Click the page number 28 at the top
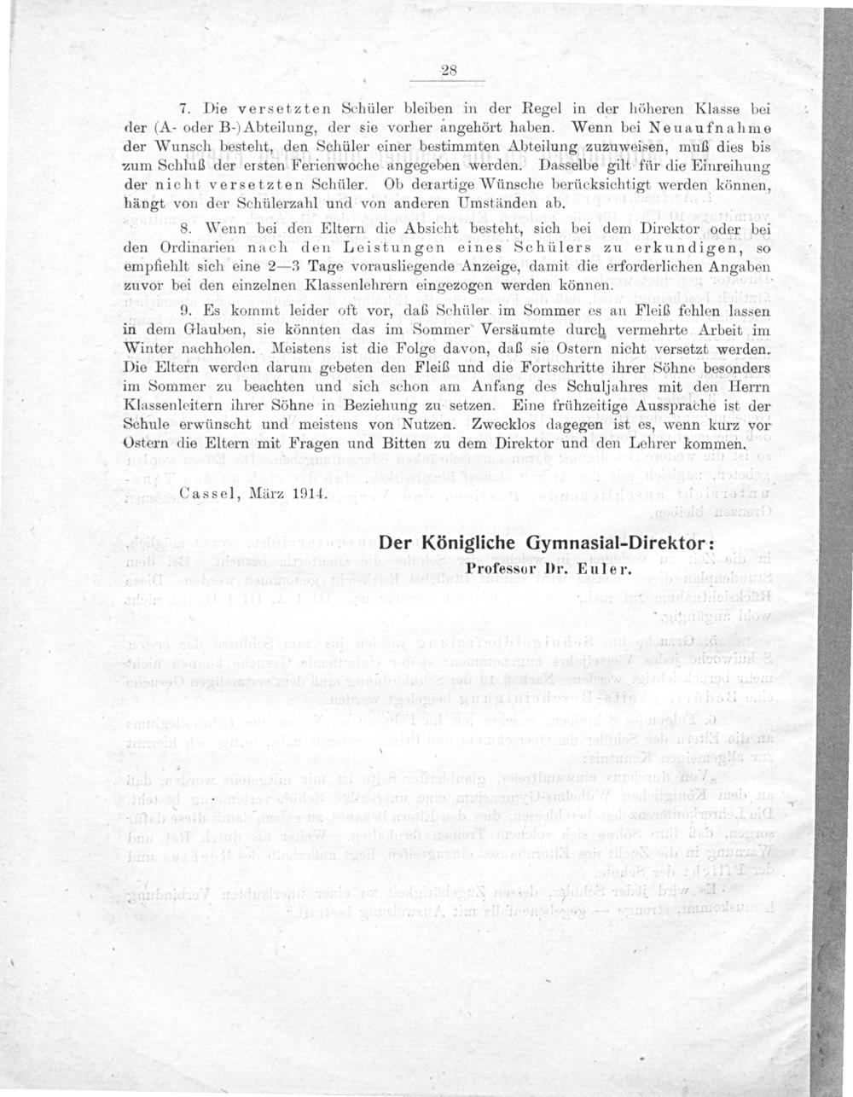pos(450,73)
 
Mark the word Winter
pos(151,350)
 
